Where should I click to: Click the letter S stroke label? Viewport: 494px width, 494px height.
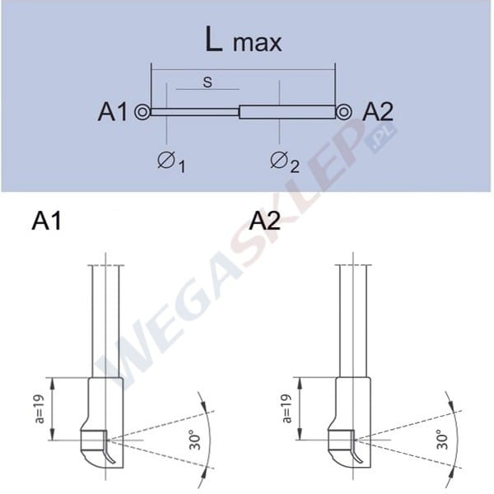pos(207,82)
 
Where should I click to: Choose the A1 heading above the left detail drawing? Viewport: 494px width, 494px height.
pos(47,221)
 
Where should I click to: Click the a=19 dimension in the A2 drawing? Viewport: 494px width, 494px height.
pos(287,408)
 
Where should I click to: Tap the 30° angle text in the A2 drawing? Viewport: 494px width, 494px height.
pos(440,440)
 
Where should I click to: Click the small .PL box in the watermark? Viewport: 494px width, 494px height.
pos(381,141)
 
